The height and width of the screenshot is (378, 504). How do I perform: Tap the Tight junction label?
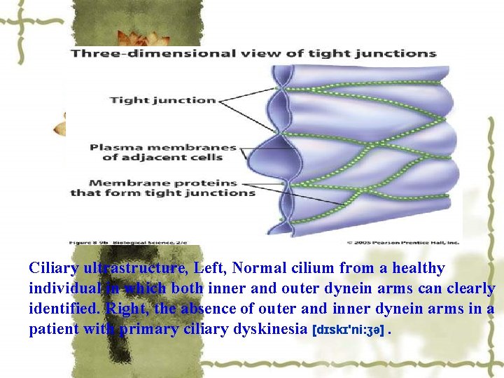162,100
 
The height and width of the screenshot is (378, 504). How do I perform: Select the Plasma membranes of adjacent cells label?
163,152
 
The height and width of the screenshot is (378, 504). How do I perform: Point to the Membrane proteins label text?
162,183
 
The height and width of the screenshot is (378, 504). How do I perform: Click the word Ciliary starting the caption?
54,268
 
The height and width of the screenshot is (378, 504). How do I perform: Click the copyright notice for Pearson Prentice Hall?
402,242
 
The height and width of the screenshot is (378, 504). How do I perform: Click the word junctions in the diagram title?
402,53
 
